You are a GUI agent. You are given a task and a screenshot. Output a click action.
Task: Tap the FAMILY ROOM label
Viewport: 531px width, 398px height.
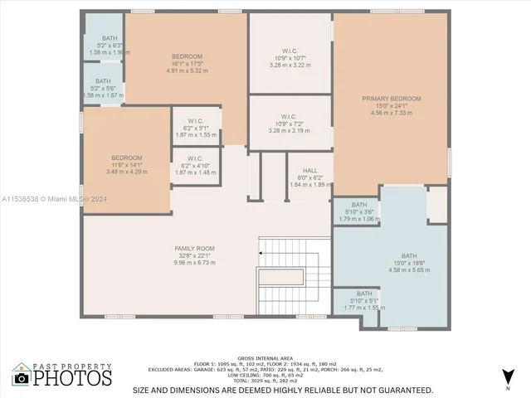coord(194,248)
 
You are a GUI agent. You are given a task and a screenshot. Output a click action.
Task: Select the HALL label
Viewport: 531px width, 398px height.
coord(309,171)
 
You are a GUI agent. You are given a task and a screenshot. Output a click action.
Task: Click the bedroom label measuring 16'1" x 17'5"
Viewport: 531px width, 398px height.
coord(188,56)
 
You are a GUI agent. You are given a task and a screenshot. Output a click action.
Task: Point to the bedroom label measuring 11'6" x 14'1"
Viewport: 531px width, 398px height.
coord(127,158)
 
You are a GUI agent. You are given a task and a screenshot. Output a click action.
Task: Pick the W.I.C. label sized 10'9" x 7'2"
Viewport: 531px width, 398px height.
coord(289,116)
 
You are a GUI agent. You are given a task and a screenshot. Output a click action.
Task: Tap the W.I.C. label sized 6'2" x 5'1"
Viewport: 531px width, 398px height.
coord(195,121)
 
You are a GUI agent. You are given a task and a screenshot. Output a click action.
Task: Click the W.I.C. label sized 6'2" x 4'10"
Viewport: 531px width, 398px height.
coord(195,158)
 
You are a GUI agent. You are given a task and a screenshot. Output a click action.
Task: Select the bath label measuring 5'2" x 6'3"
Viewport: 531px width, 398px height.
coord(110,38)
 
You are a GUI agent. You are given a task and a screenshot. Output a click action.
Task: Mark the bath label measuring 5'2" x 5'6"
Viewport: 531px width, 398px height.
coord(103,81)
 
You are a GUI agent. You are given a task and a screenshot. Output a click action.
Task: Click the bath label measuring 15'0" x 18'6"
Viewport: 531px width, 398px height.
coord(409,255)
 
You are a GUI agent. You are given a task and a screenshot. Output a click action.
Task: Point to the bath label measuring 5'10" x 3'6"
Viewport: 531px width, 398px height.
coord(359,205)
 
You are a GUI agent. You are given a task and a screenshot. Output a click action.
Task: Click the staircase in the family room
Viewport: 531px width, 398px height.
coord(288,278)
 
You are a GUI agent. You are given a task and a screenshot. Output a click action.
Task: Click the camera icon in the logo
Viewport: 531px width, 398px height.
coord(22,377)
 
